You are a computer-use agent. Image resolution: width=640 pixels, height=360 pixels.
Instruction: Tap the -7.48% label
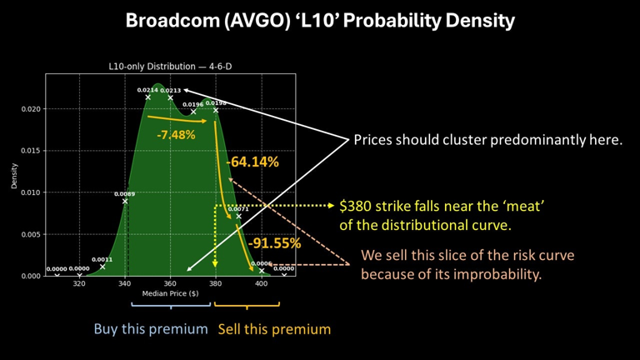pos(176,134)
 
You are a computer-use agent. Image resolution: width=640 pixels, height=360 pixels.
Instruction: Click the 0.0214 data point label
pos(147,90)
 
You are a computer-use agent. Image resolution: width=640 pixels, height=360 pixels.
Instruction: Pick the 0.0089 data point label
pos(124,194)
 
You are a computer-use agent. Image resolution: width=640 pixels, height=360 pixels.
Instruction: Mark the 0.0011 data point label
pos(102,259)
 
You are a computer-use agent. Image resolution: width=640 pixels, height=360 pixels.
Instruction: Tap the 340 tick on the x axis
pos(125,283)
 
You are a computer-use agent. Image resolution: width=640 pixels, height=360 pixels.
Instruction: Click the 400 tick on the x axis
pos(261,283)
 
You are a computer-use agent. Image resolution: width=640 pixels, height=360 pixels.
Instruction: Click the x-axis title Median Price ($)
pos(171,294)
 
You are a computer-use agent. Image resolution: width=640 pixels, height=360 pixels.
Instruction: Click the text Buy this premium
pos(150,329)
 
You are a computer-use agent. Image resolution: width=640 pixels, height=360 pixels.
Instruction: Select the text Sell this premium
pos(274,329)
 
